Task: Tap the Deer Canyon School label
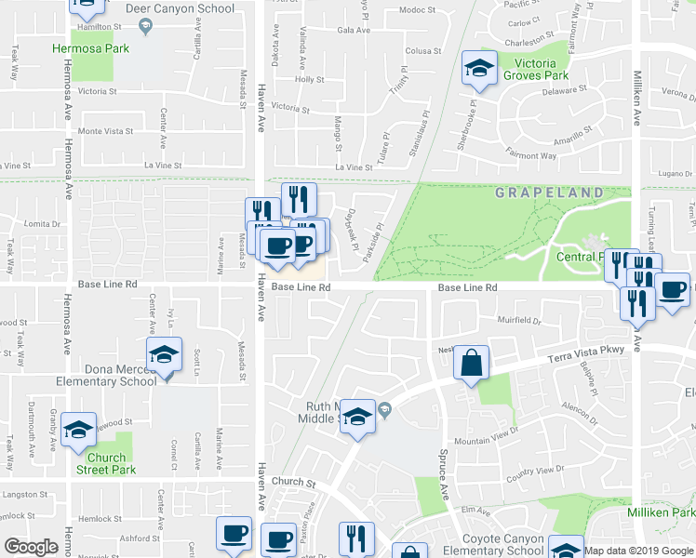pyautogui.click(x=192, y=9)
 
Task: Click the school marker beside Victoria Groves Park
pyautogui.click(x=479, y=66)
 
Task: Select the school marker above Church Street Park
pyautogui.click(x=79, y=429)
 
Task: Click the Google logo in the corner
pyautogui.click(x=31, y=548)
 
